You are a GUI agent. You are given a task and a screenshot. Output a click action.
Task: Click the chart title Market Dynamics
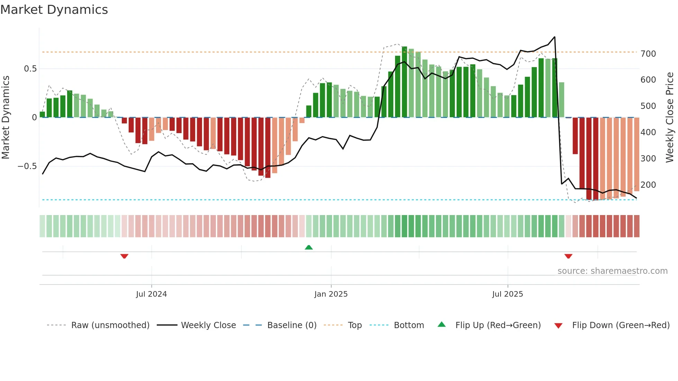click(x=54, y=10)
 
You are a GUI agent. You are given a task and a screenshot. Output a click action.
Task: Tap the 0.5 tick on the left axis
click(x=30, y=69)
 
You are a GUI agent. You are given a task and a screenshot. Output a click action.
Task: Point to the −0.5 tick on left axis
click(x=27, y=166)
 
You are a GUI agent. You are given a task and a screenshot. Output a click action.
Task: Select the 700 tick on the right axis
click(x=648, y=54)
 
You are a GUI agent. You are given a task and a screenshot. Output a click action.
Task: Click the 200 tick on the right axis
click(x=648, y=185)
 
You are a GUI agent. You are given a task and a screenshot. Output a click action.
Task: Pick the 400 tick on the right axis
click(x=648, y=132)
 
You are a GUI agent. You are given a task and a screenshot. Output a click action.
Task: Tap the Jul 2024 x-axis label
click(x=151, y=294)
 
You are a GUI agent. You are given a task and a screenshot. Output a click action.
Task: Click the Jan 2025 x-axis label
click(x=331, y=294)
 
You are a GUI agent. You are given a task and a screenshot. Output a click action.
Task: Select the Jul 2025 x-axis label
click(x=507, y=294)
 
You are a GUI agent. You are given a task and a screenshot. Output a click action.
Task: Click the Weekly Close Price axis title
click(x=670, y=118)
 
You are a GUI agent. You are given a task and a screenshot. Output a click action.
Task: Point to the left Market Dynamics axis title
click(x=6, y=118)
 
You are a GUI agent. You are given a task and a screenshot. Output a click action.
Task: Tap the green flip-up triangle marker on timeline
click(x=309, y=247)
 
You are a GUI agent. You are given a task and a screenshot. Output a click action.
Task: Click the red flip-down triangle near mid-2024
click(x=124, y=256)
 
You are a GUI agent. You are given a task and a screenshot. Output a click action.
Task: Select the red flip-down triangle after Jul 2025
click(x=568, y=256)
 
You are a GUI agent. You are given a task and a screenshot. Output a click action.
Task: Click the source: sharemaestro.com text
click(x=612, y=271)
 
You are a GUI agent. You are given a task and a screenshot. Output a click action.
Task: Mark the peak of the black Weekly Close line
click(x=555, y=37)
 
